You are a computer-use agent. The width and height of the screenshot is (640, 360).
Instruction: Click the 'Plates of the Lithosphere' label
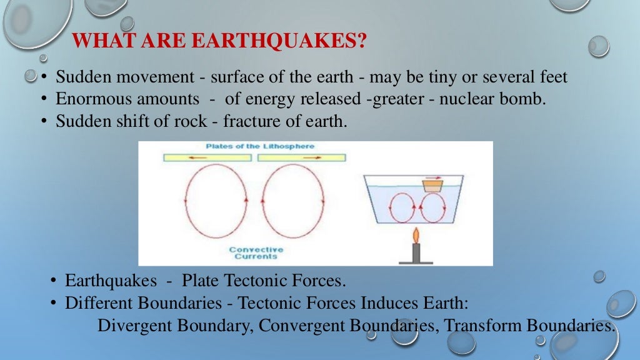(x=260, y=146)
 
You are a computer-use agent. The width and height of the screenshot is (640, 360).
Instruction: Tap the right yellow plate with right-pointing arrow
(x=297, y=158)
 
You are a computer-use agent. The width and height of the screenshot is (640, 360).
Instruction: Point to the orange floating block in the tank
(x=432, y=186)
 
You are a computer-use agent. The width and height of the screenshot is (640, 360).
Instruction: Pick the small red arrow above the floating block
(x=432, y=177)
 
